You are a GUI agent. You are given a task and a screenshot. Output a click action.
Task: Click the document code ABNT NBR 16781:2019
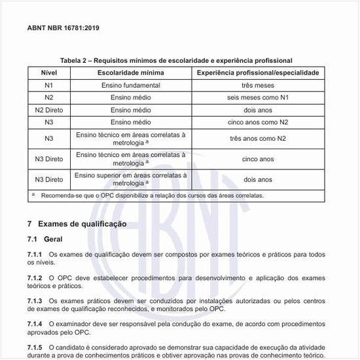(x=63, y=29)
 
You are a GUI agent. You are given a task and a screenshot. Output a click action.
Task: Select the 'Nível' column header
(x=49, y=72)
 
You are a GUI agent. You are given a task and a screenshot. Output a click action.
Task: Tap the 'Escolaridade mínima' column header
(x=131, y=72)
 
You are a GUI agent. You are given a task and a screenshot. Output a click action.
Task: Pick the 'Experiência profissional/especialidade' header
(x=258, y=72)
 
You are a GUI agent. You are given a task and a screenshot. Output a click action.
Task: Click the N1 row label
(x=49, y=85)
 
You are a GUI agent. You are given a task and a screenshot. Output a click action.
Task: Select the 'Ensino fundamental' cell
(x=131, y=85)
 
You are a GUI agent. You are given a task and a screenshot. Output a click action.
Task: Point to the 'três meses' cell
(x=258, y=85)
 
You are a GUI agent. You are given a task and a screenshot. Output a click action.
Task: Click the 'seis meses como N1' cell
(x=258, y=98)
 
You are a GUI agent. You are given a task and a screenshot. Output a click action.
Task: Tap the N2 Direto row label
(x=49, y=110)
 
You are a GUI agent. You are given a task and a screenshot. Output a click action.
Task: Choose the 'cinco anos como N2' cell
(x=258, y=122)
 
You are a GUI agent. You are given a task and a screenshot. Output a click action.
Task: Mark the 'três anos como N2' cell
(x=258, y=139)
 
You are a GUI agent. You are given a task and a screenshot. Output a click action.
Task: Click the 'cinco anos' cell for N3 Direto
(x=258, y=159)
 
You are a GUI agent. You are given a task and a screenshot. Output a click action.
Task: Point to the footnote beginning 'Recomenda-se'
(x=151, y=195)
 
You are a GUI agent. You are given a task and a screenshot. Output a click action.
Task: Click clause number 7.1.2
(x=35, y=278)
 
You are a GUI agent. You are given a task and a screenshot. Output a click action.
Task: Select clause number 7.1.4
(x=35, y=324)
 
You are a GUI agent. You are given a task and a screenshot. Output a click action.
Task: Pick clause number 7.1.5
(x=35, y=347)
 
